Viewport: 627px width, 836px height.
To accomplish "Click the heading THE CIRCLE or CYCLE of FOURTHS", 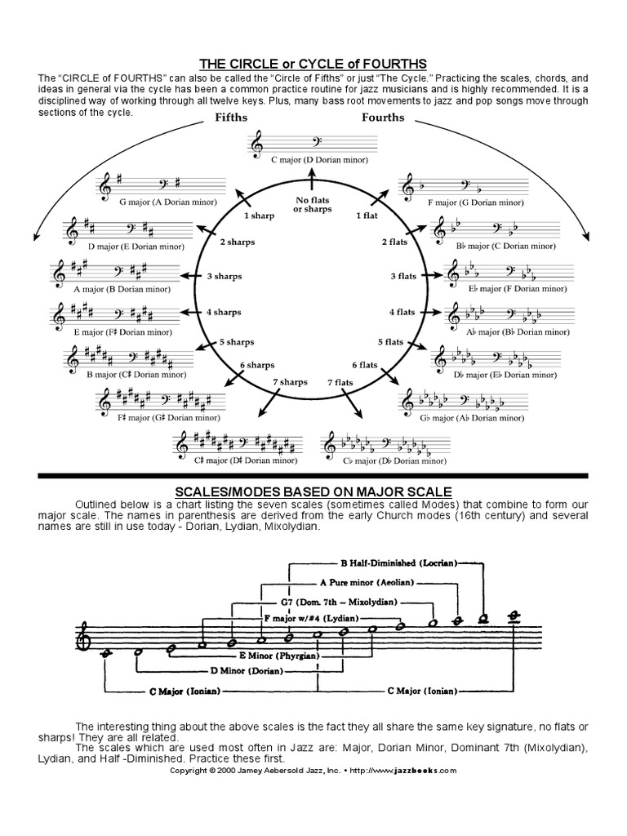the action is (x=313, y=64).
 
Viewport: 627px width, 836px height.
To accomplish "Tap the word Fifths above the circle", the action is (x=231, y=118).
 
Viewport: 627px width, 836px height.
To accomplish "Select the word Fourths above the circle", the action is (x=383, y=118).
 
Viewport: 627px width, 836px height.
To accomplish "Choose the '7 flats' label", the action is (x=340, y=382).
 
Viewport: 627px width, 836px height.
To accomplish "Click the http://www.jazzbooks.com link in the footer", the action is (x=403, y=770).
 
